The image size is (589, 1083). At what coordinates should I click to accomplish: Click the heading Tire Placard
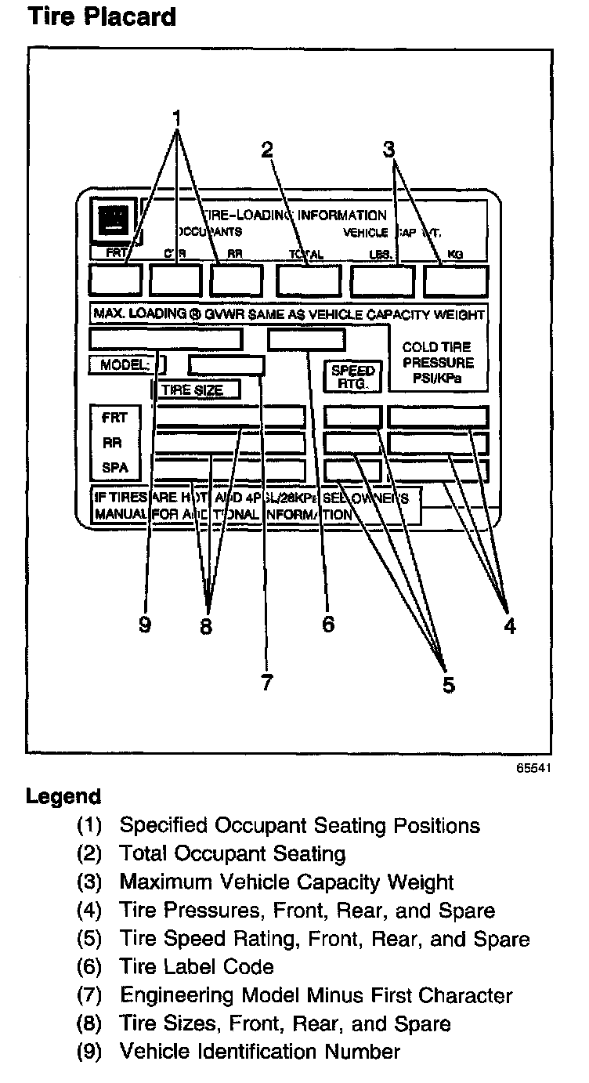coord(101,16)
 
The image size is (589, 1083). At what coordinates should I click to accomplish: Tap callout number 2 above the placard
coord(267,149)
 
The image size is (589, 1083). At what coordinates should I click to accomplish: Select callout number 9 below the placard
coord(144,625)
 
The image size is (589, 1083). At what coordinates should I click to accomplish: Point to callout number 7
coord(267,683)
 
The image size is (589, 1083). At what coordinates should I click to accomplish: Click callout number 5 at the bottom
coord(448,684)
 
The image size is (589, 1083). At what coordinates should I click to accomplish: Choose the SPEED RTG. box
coord(353,377)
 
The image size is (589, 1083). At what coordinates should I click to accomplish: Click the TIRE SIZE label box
coord(196,389)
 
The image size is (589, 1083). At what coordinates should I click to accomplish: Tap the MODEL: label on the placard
coord(124,364)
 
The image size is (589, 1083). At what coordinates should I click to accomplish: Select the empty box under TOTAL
coord(308,280)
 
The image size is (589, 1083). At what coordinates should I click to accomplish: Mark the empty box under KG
coord(456,280)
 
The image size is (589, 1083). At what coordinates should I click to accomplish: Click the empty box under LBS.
coord(382,280)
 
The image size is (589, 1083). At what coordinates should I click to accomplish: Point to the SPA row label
coord(114,469)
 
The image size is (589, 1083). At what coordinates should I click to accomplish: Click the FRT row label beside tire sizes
coord(114,417)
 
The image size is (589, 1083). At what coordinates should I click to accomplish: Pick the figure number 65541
coord(533,768)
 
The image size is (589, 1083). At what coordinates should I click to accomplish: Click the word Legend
coord(63,797)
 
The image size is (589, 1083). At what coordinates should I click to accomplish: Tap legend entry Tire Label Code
coord(197,967)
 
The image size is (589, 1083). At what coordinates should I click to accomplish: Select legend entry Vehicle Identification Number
coord(259,1052)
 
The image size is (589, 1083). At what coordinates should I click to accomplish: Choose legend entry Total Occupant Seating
coord(232,853)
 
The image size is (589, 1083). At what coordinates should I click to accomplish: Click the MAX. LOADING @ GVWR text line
coord(288,314)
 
